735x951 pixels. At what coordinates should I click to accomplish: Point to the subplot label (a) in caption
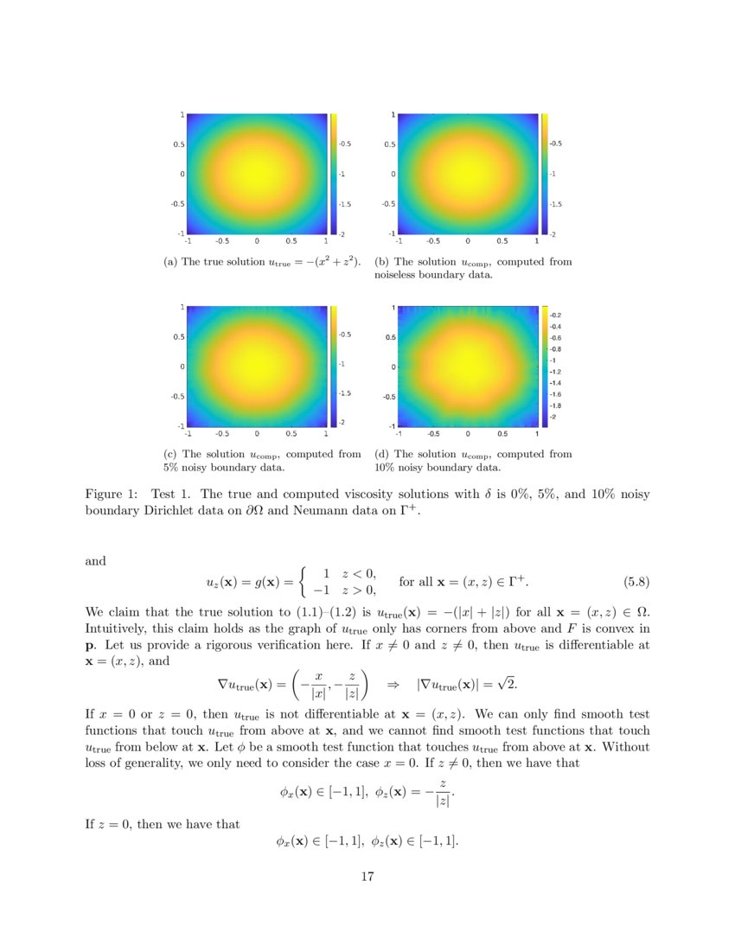pos(169,262)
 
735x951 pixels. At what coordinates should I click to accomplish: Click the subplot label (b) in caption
pos(381,262)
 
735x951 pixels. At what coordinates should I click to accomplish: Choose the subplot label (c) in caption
pos(169,454)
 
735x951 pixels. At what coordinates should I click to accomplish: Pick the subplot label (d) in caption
pos(381,454)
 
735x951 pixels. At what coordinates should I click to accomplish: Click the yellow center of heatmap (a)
pos(257,173)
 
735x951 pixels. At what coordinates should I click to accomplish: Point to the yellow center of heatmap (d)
pos(468,365)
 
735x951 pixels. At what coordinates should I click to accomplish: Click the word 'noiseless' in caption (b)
pos(396,276)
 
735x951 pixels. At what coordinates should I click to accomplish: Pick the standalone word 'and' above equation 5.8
pos(95,561)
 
